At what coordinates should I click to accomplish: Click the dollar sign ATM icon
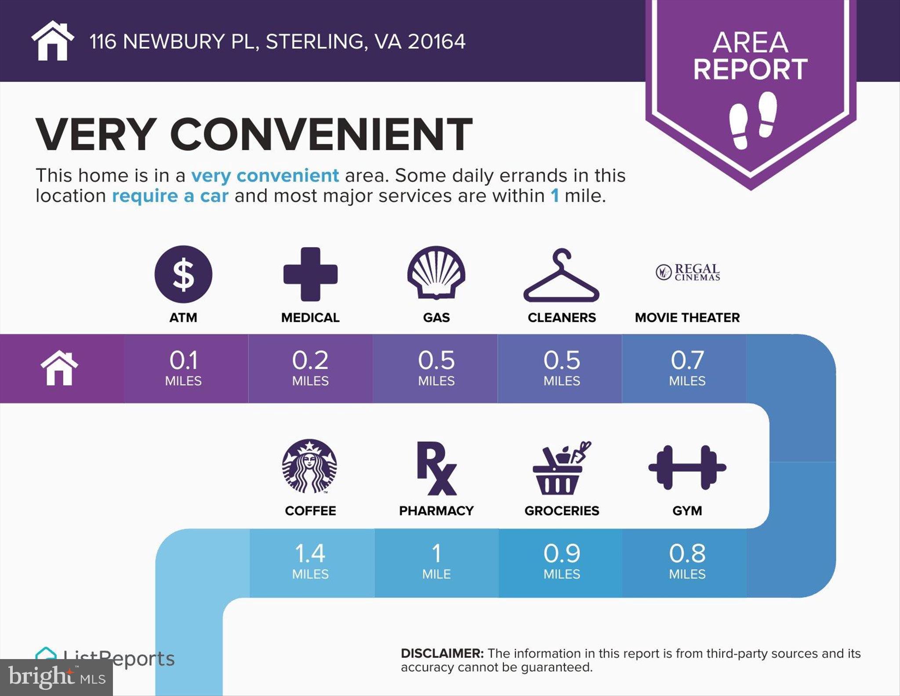(x=183, y=274)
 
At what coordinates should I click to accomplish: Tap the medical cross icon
(x=310, y=274)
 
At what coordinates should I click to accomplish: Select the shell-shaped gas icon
(x=436, y=273)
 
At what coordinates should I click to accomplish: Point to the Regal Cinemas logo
(x=688, y=272)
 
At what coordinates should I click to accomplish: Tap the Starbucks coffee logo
(x=310, y=466)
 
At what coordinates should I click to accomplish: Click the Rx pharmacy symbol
(x=436, y=468)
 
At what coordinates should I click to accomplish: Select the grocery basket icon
(x=561, y=468)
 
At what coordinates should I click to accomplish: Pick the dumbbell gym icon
(x=687, y=467)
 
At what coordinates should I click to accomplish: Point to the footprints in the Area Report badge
(x=753, y=120)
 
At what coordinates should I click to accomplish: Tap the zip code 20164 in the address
(x=436, y=42)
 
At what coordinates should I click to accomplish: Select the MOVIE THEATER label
(x=687, y=317)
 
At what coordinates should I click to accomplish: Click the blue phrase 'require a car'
(x=170, y=196)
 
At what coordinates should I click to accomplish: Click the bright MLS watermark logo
(x=57, y=677)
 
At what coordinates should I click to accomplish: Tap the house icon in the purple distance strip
(x=59, y=368)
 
